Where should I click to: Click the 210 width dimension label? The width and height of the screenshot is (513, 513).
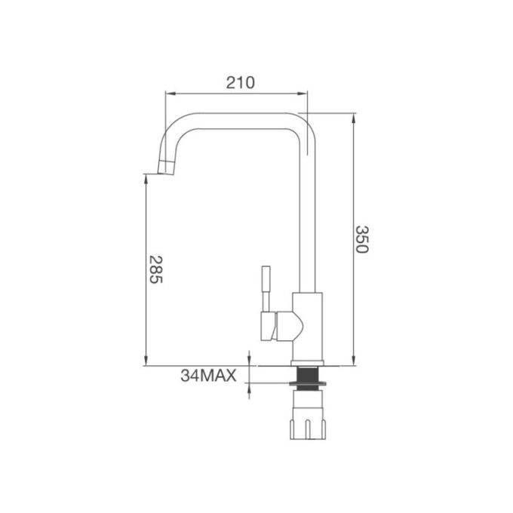237,81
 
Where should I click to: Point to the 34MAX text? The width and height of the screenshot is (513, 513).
209,375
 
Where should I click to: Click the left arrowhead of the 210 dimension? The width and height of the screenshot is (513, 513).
170,94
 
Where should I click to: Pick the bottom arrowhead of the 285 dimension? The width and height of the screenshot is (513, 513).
146,361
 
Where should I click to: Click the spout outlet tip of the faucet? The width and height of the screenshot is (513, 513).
165,169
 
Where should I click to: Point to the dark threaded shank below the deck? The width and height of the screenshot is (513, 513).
308,374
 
